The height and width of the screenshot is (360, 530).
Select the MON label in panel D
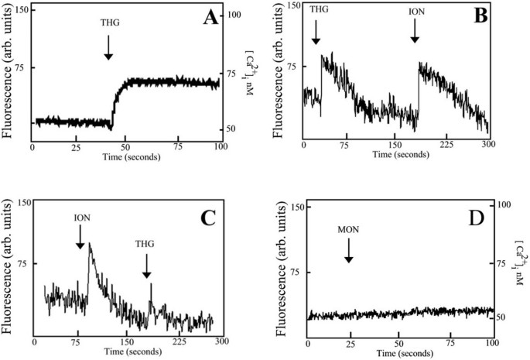click(x=348, y=230)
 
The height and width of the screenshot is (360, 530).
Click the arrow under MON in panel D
click(x=348, y=249)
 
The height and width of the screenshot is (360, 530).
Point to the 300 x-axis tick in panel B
click(x=487, y=145)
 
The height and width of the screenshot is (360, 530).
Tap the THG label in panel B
click(x=318, y=9)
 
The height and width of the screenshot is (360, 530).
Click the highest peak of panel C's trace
click(x=90, y=243)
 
